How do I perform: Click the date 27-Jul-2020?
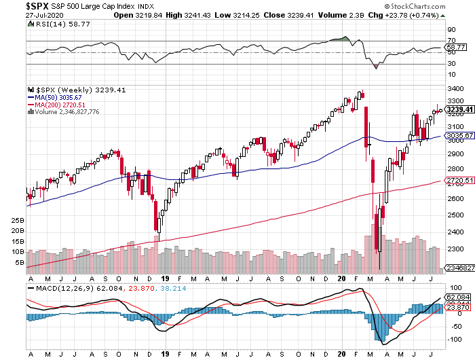(x=22, y=14)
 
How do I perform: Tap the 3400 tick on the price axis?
(x=453, y=88)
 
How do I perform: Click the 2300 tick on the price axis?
(x=453, y=248)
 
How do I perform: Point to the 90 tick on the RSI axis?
(x=449, y=30)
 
